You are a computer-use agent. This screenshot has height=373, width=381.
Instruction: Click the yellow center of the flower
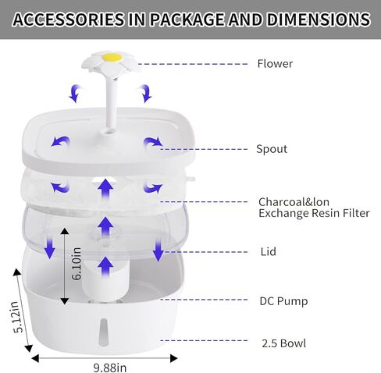(x=112, y=56)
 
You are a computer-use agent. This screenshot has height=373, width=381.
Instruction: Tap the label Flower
(x=275, y=64)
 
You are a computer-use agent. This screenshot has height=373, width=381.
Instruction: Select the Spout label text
(x=272, y=149)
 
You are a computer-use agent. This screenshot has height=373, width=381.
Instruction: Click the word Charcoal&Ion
(x=294, y=202)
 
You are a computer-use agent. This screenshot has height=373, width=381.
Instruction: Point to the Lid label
(x=269, y=251)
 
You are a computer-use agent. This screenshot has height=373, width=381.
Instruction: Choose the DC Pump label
(x=283, y=301)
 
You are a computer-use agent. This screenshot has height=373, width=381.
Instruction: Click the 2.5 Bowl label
(x=284, y=343)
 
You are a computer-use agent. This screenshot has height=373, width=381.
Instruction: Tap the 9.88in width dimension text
(x=110, y=368)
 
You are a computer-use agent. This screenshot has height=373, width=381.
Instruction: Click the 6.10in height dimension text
(x=77, y=264)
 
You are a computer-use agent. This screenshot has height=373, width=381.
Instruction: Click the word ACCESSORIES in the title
(x=69, y=20)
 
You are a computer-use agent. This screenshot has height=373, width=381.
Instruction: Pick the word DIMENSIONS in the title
(x=319, y=20)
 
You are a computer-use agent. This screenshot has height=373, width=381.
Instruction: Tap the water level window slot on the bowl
(x=103, y=332)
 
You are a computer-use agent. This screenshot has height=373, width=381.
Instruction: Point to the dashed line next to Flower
(x=193, y=64)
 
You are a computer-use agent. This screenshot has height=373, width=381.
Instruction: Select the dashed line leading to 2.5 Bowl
(x=204, y=340)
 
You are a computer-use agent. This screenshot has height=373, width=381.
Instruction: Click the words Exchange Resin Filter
(x=314, y=213)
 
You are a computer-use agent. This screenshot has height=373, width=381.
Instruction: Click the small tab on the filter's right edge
(x=190, y=179)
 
